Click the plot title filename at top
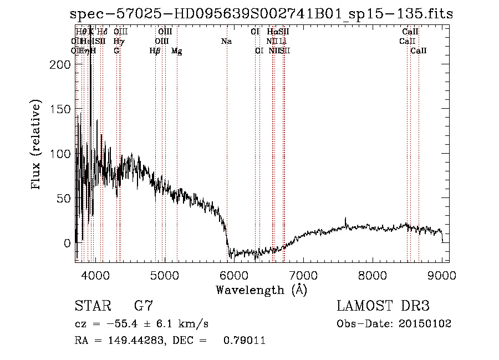[x=261, y=14]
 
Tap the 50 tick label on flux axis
[x=64, y=198]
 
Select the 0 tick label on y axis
[x=67, y=242]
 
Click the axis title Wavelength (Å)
[x=261, y=290]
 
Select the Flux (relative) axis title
[x=37, y=146]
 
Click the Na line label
[x=226, y=41]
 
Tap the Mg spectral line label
[x=177, y=51]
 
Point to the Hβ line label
[x=155, y=50]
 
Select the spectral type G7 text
[x=144, y=306]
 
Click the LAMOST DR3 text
[x=383, y=306]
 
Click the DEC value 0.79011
[x=245, y=341]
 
